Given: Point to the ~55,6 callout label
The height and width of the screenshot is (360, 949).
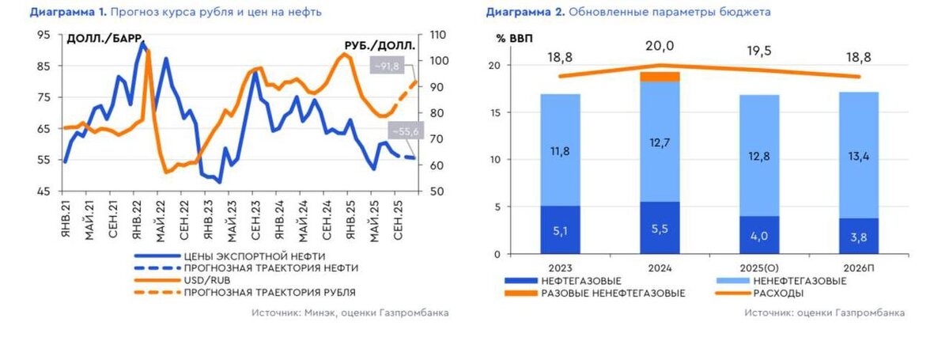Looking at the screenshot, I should [403, 132].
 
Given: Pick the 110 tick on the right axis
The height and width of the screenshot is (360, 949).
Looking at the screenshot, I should [438, 35].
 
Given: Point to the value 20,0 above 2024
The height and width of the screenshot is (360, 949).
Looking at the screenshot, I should [660, 47].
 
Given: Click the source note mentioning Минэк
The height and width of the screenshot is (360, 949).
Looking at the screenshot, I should [350, 313].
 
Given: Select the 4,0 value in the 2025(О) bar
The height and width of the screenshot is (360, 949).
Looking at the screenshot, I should [760, 235].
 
